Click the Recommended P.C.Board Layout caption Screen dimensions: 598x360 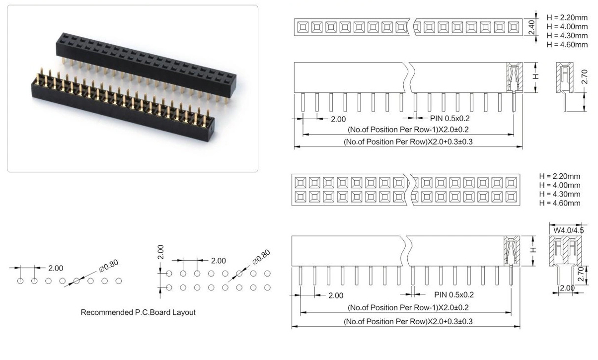[x=138, y=312]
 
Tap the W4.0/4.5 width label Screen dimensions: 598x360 [x=568, y=230]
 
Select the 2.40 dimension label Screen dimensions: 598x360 [x=531, y=27]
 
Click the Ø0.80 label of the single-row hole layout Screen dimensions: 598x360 [x=109, y=266]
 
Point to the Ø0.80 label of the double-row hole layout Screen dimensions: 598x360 [x=261, y=257]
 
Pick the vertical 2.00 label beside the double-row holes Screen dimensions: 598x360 [x=160, y=252]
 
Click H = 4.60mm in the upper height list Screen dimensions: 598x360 [x=567, y=45]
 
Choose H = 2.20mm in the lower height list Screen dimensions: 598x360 [x=560, y=176]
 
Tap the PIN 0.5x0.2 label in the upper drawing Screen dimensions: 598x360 [x=449, y=118]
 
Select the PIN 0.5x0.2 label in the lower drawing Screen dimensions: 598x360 [x=454, y=294]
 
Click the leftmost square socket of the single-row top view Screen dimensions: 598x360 [x=303, y=27]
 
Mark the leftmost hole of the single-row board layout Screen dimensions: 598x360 [x=20, y=281]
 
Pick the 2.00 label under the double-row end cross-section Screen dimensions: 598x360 [x=567, y=288]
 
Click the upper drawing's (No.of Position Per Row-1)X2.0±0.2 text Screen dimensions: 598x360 [x=408, y=130]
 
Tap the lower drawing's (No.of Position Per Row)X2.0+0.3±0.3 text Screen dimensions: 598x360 [x=408, y=321]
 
